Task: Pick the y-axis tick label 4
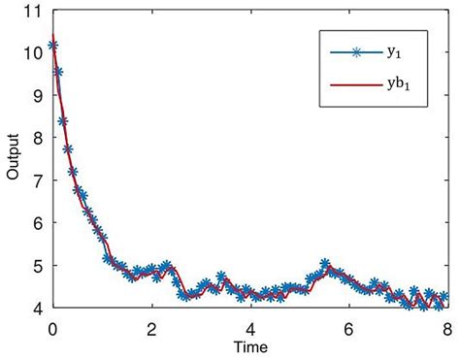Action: point(37,308)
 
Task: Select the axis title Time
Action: point(249,345)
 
